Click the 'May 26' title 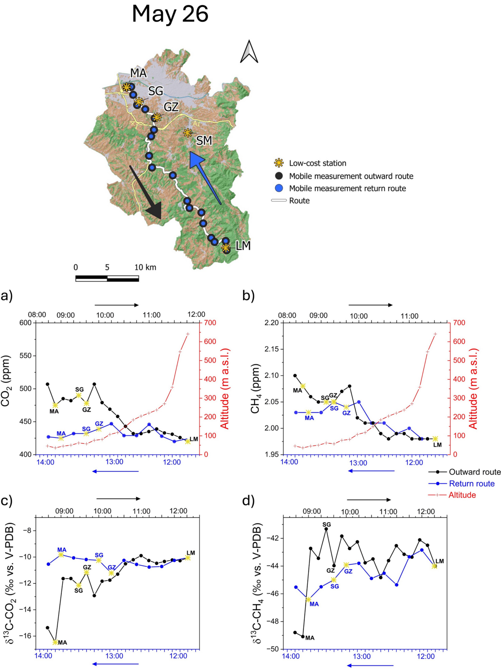click(170, 14)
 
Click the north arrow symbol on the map click(249, 52)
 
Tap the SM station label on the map click(204, 141)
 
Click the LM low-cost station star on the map click(225, 248)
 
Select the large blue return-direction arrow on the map click(205, 177)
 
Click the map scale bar click(107, 278)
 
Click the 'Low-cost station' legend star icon click(278, 163)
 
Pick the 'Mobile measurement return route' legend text click(347, 188)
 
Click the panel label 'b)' click(248, 296)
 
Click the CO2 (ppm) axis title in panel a click(6, 381)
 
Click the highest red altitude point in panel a click(188, 334)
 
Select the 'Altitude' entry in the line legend click(462, 495)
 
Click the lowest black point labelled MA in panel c click(55, 642)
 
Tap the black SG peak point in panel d click(326, 529)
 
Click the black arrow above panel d click(369, 500)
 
